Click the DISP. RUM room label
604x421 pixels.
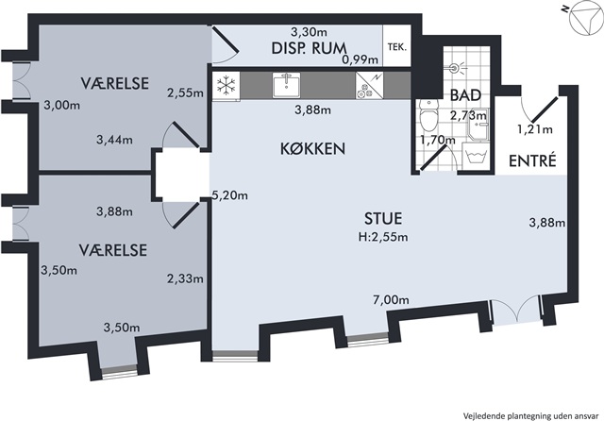tap(309, 48)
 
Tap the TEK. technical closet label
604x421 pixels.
tap(396, 47)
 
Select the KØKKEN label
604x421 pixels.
tap(312, 149)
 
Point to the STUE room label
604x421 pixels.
tap(383, 218)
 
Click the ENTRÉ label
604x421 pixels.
tap(532, 160)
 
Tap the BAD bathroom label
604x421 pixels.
tap(465, 95)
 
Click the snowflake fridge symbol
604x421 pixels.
tap(226, 86)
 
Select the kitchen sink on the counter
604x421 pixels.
tap(287, 85)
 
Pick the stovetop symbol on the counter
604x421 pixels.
tap(369, 86)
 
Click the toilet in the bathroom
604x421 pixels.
tap(428, 115)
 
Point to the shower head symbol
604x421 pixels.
tap(457, 69)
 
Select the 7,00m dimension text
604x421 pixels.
tap(391, 299)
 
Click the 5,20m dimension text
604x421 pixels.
tap(230, 195)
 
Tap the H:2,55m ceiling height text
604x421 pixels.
tap(383, 237)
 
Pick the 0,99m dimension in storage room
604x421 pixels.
tap(361, 59)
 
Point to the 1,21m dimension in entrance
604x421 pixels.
tap(535, 129)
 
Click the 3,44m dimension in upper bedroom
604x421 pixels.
tap(114, 140)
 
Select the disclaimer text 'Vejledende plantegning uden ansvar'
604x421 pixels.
tap(531, 415)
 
